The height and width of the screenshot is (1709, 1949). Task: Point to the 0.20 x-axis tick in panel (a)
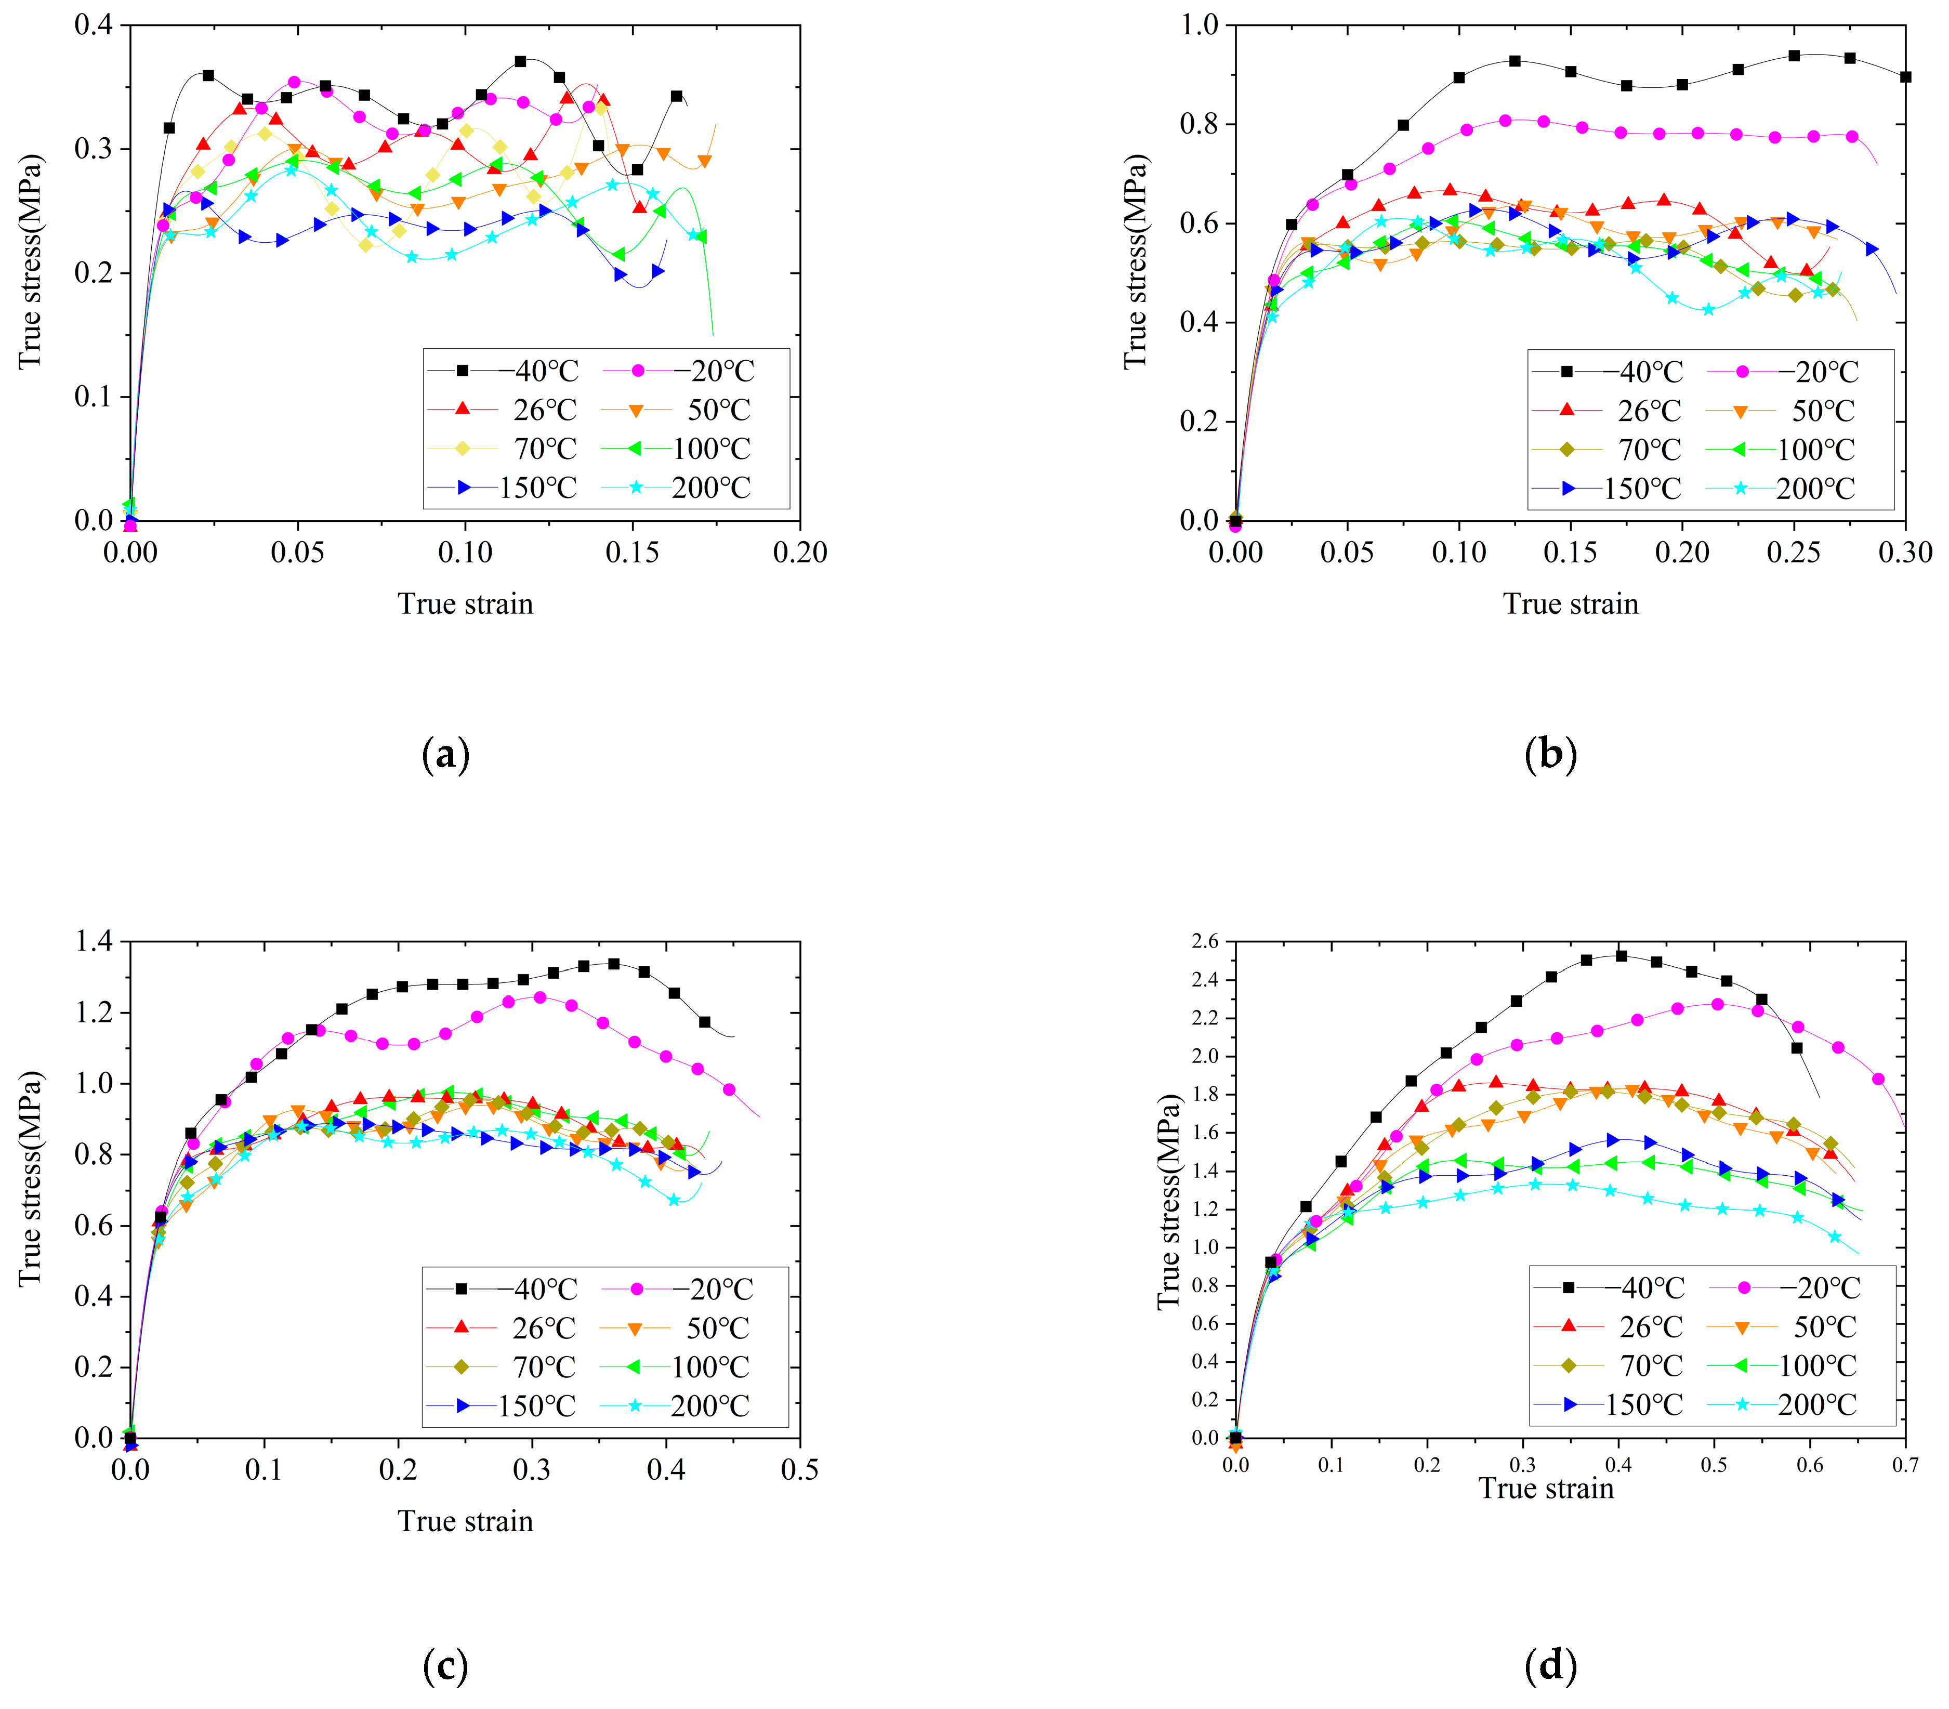pyautogui.click(x=800, y=551)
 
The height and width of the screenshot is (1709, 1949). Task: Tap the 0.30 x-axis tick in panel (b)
pyautogui.click(x=1905, y=551)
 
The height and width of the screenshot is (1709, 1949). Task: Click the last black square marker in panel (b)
pyautogui.click(x=1905, y=77)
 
